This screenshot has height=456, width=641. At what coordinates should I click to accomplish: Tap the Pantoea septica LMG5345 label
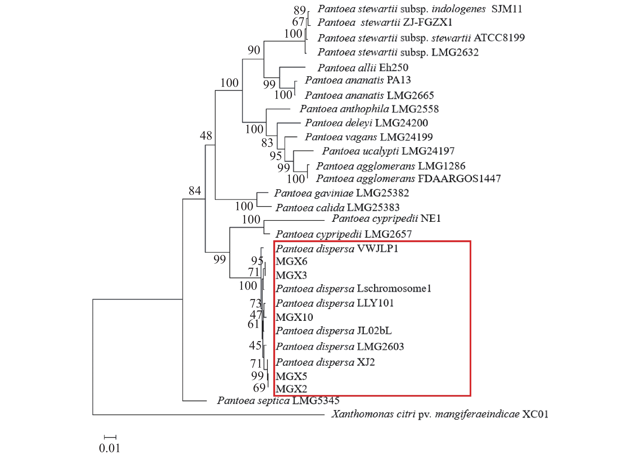click(x=278, y=400)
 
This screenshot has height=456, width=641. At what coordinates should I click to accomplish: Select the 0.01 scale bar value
click(x=110, y=448)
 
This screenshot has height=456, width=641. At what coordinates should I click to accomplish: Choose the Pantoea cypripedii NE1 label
click(x=386, y=219)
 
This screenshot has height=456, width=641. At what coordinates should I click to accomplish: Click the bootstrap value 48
click(x=206, y=136)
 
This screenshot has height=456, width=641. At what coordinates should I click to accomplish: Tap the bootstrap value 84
click(x=195, y=191)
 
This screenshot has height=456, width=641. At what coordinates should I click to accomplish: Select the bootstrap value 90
click(x=254, y=50)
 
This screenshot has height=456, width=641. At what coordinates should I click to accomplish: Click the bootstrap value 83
click(x=267, y=143)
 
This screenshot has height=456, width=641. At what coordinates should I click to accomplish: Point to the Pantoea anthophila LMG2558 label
click(x=369, y=109)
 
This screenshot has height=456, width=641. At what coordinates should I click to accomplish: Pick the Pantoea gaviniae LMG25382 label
click(x=341, y=193)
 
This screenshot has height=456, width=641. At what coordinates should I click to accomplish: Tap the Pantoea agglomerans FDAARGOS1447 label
click(x=408, y=178)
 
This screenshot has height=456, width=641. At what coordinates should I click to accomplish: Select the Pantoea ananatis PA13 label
click(x=358, y=80)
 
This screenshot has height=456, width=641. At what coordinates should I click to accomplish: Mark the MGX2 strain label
click(x=291, y=389)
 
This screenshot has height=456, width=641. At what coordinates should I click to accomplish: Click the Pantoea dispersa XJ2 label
click(x=325, y=362)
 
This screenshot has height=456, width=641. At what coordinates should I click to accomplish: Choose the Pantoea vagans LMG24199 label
click(x=369, y=137)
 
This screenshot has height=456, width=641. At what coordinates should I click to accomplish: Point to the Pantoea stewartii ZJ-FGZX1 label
click(x=385, y=22)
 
